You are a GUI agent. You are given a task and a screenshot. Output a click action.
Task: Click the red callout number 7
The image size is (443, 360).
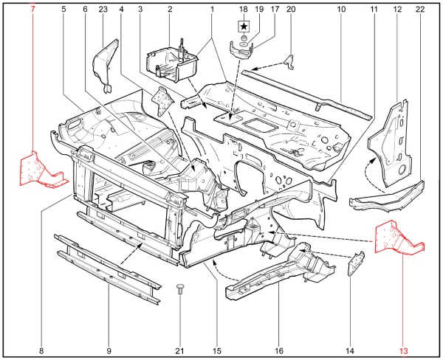(x=32, y=10)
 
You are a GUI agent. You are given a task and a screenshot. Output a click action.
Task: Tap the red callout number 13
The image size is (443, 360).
(x=404, y=351)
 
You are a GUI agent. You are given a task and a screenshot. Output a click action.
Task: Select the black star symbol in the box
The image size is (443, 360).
(x=244, y=27)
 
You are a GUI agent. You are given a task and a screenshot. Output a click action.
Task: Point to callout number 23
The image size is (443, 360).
(x=103, y=10)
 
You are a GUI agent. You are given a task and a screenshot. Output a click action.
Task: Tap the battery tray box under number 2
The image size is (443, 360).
(x=171, y=63)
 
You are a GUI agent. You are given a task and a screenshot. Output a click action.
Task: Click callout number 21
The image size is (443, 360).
(x=179, y=351)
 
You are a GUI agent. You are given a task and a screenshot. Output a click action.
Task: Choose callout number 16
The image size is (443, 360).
(x=279, y=351)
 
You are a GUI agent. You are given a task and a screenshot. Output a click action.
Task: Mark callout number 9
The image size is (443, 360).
(x=109, y=351)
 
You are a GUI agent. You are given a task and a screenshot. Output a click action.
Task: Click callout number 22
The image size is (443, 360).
(x=420, y=10)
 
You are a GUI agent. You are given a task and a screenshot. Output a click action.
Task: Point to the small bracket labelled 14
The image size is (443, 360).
(x=356, y=263)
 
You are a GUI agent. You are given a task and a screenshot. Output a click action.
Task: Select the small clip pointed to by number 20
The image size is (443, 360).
(x=289, y=62)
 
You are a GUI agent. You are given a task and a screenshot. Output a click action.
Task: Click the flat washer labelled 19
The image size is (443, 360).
(x=243, y=44)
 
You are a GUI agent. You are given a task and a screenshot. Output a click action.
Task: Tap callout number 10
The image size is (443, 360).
(x=341, y=10)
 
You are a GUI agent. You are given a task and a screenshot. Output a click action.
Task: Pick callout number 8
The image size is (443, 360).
(x=41, y=351)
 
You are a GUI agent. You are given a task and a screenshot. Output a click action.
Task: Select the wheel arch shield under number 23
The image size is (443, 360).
(x=106, y=65)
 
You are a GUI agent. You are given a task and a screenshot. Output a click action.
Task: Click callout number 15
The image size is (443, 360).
(x=217, y=351)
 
